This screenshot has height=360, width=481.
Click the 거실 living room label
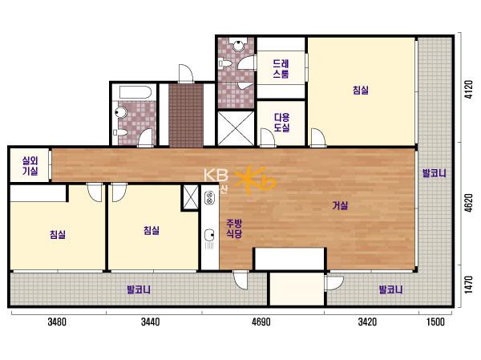pos(340,205)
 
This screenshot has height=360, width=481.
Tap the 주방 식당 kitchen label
pos(234,229)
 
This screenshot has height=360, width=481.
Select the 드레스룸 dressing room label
pos(281,69)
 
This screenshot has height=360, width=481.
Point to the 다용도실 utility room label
pos(281,122)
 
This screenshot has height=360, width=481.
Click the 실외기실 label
pos(30,166)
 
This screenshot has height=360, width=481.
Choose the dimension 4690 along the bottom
pos(261,322)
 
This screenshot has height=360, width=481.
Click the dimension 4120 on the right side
pos(469,89)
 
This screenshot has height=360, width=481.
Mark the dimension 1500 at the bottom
pos(435,322)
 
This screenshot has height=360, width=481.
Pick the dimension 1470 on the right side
pos(469,285)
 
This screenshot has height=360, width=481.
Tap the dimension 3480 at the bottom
pos(57,322)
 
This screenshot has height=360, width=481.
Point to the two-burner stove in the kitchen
pos(209,197)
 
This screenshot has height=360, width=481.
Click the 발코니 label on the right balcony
pos(435,173)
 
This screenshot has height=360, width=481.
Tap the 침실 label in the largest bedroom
pos(361,90)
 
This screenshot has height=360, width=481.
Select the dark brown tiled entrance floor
pos(186,115)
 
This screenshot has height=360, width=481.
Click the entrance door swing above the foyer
pos(186,74)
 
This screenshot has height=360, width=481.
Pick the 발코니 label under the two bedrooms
pos(139,289)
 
